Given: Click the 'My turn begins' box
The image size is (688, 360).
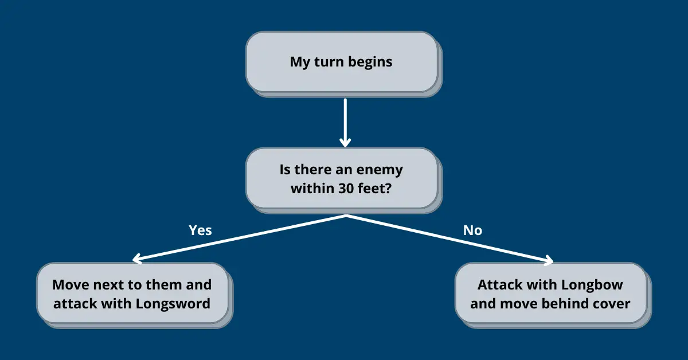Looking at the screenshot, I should click(x=341, y=62).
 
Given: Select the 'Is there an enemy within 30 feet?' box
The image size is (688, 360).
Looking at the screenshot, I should click(x=341, y=178).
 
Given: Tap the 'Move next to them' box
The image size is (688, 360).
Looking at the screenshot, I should click(x=132, y=294).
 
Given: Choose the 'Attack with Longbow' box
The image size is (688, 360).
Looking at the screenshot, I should click(x=550, y=294).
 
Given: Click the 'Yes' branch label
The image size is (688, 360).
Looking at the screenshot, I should click(x=200, y=230).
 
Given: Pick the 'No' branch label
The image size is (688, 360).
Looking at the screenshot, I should click(x=472, y=230).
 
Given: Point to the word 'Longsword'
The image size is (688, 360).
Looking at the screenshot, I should click(x=173, y=303).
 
